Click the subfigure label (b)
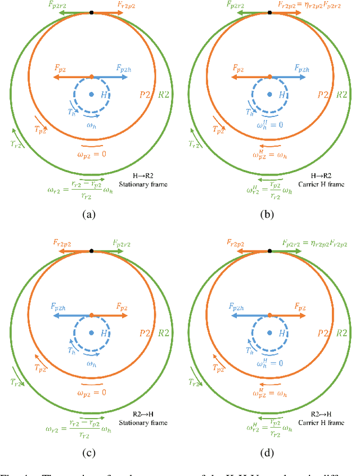(269, 214)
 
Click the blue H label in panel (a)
(104, 96)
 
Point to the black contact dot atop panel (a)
(91, 12)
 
